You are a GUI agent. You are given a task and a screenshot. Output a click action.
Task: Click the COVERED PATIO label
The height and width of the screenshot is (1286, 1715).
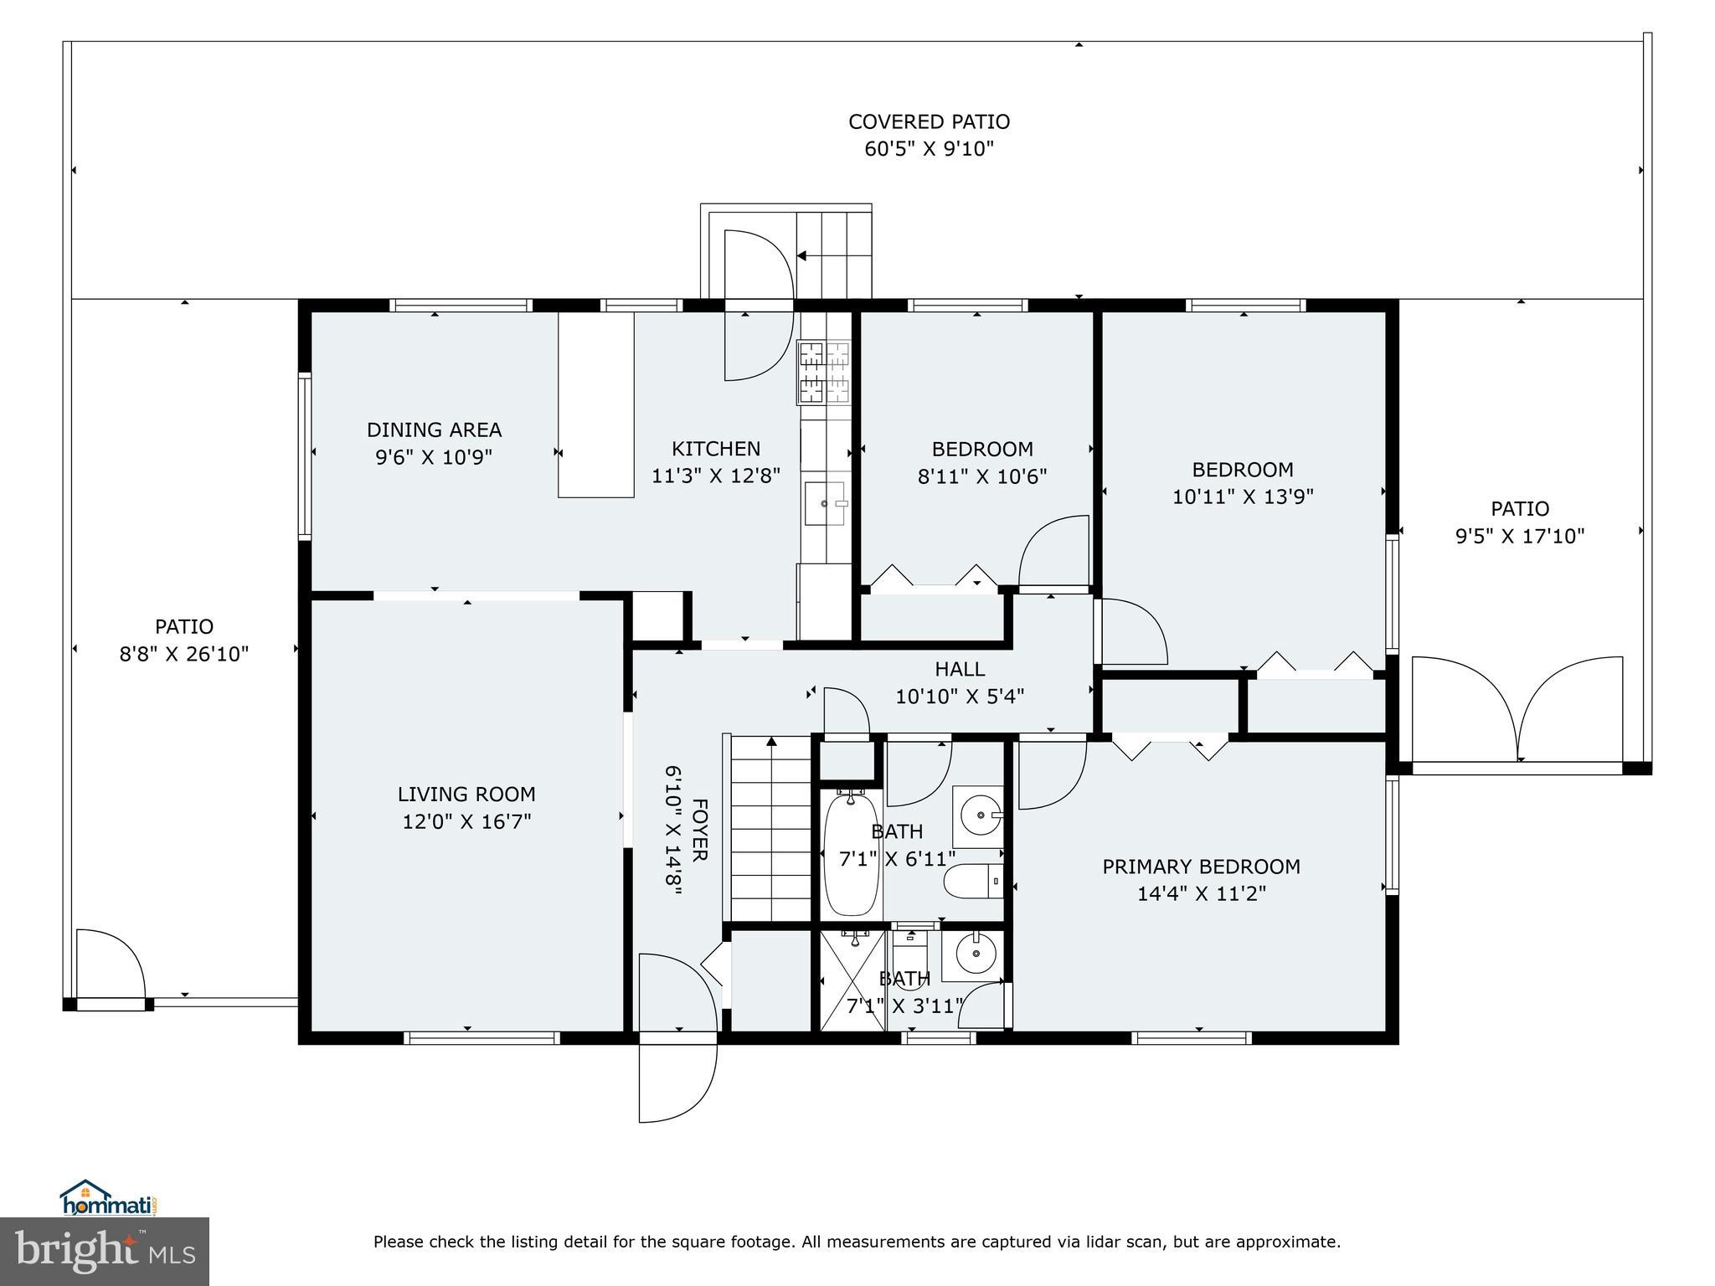click(x=929, y=121)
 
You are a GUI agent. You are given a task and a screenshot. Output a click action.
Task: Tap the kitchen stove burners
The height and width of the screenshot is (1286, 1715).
click(x=825, y=372)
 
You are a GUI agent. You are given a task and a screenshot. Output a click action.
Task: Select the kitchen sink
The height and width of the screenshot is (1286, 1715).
click(x=826, y=503)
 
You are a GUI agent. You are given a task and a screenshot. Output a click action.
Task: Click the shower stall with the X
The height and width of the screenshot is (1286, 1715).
click(x=852, y=980)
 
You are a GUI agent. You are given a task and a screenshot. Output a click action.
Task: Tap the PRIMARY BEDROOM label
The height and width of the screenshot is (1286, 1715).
click(x=1201, y=867)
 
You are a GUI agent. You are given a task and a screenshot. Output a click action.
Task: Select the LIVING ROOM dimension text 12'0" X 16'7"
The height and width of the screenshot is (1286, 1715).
click(x=466, y=821)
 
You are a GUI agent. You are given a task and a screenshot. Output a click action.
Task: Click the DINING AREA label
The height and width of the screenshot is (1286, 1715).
click(x=434, y=430)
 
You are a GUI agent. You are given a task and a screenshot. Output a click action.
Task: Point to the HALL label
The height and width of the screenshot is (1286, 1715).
click(x=960, y=669)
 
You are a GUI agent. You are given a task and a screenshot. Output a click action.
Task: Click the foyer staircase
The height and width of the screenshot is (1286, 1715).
click(x=771, y=828)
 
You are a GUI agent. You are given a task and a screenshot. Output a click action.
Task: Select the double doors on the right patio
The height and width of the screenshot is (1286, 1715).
click(x=1517, y=708)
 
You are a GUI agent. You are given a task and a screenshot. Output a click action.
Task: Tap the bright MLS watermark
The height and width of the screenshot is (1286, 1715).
click(x=105, y=1252)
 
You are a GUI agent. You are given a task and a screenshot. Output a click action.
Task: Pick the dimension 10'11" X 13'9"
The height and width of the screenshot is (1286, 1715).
click(x=1243, y=496)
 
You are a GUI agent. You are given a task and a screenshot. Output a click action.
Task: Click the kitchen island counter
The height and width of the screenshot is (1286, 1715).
click(x=595, y=404)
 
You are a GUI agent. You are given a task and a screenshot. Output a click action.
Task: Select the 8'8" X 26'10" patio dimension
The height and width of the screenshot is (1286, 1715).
click(x=184, y=654)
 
